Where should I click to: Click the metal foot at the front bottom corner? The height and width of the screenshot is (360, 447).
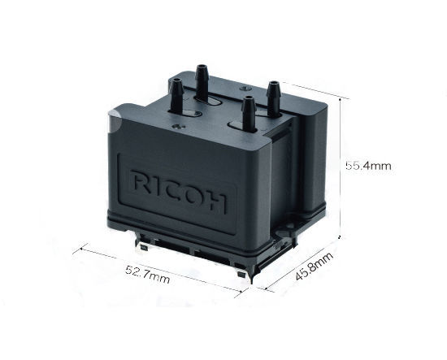click(241, 277)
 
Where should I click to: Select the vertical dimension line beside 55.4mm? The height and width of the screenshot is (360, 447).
click(338, 163)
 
